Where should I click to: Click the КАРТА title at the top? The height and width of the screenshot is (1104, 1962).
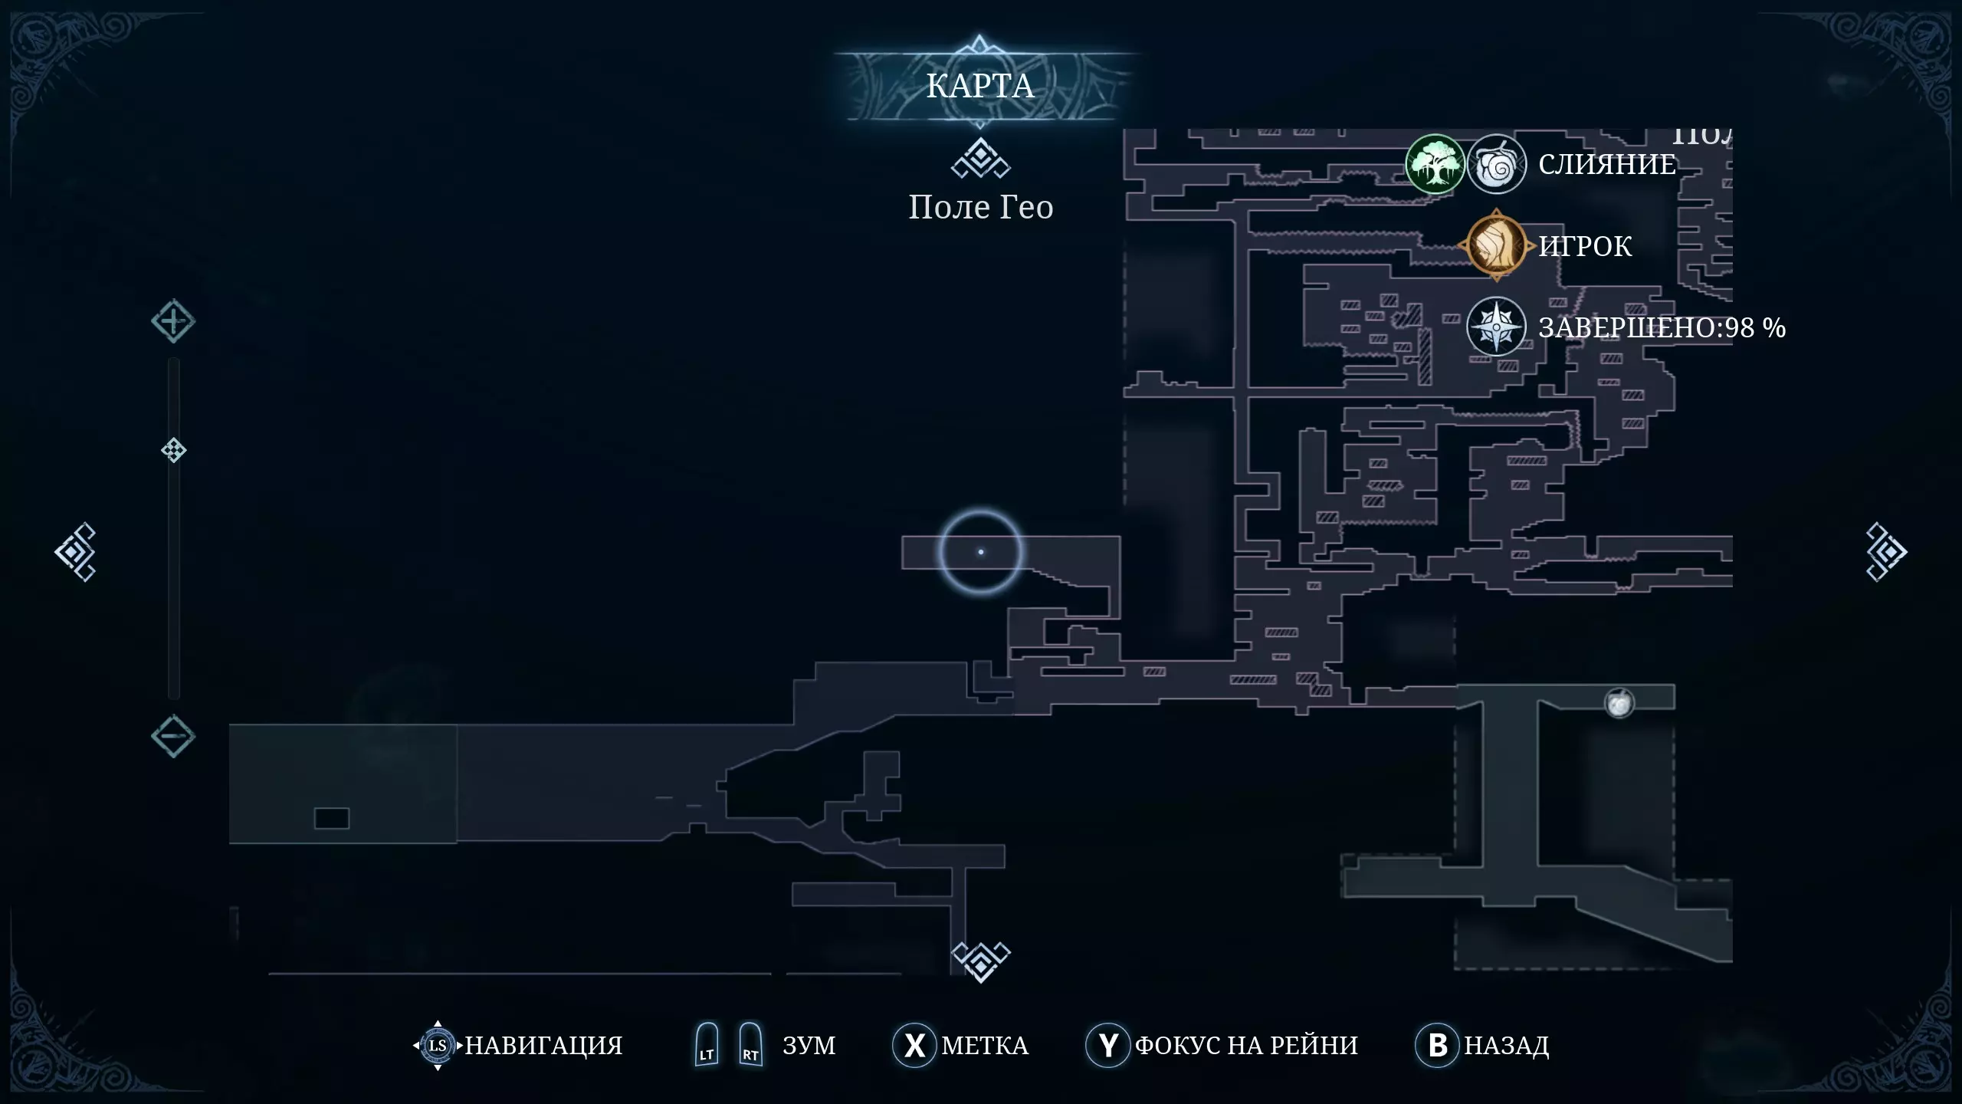979,86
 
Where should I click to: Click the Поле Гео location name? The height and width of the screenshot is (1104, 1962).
980,207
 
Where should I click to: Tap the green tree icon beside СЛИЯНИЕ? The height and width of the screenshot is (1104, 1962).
1434,164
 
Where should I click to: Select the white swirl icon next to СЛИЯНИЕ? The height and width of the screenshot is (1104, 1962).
1496,164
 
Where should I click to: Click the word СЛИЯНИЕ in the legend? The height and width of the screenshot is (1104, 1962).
1607,164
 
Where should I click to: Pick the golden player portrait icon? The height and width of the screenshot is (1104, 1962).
1496,245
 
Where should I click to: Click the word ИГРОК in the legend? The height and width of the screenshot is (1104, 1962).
1585,246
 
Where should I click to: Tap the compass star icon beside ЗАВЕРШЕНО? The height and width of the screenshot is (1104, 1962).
1496,327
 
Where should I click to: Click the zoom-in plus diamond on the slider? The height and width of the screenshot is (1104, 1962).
172,321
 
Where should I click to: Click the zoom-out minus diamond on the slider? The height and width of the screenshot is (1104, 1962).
172,736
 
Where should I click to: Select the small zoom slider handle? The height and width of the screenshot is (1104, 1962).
173,450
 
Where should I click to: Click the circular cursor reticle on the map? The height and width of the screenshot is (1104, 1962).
980,552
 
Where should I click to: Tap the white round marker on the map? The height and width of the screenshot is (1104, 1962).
1619,703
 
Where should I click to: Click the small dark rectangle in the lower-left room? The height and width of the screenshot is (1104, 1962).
331,818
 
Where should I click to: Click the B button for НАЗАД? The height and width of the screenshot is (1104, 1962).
1437,1045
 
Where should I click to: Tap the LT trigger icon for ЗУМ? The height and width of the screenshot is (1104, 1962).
706,1045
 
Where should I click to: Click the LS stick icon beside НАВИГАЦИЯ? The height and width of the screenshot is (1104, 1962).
437,1045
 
